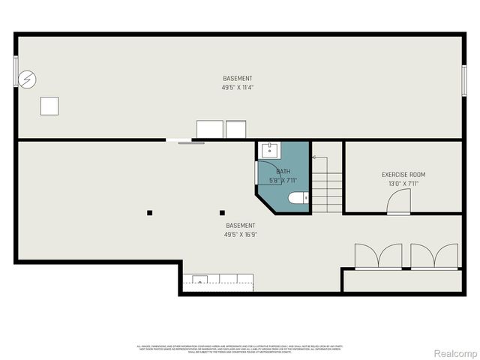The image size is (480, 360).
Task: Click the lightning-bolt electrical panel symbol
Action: point(27,79)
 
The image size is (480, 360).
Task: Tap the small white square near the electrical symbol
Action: point(49,106)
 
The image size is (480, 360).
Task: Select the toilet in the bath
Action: point(296,199)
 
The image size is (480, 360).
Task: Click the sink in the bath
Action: point(268,151)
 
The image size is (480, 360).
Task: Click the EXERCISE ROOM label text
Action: point(403,175)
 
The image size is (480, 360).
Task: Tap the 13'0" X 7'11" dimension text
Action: point(403,184)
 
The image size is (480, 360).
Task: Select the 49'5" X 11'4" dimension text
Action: point(237,87)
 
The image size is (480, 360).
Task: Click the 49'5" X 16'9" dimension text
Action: point(241,234)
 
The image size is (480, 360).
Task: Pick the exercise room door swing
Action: point(398,201)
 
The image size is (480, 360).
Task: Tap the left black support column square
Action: point(150,212)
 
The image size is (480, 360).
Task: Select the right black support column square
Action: point(222,212)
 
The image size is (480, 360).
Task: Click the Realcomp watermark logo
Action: point(456,352)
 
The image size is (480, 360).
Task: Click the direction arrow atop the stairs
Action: point(315,157)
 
